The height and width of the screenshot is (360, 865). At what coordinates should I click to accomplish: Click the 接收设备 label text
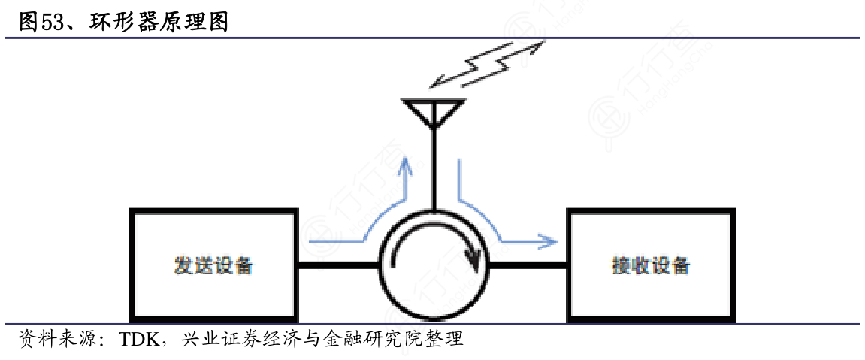(x=651, y=266)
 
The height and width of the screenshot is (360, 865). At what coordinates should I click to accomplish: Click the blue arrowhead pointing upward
(x=407, y=163)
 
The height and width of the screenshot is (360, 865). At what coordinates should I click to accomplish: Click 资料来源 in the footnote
(x=51, y=338)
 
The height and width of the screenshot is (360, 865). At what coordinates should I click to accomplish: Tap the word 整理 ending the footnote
(x=446, y=338)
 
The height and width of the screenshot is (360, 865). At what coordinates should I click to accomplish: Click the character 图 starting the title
(x=29, y=22)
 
